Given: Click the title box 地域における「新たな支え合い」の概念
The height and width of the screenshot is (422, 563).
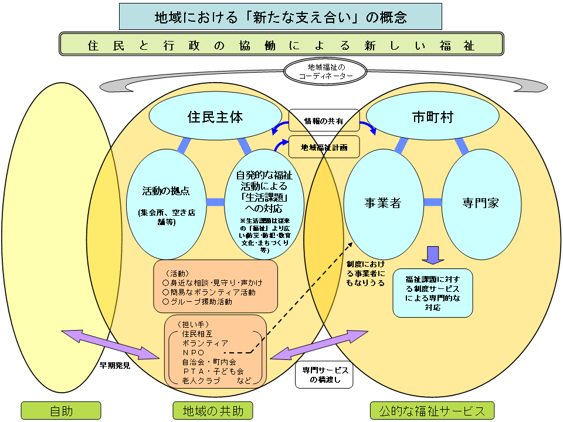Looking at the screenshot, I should coord(280,16).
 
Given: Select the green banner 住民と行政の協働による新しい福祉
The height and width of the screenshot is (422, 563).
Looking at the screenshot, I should coord(281,44).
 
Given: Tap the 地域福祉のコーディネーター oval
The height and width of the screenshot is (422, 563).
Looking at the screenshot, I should coord(325,71).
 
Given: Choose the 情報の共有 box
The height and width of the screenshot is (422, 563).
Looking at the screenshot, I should coord(324,121).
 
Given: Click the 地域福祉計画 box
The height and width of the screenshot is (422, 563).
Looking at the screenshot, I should coord(324,147).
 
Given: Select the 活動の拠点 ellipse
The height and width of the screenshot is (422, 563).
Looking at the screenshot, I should coord(166,202).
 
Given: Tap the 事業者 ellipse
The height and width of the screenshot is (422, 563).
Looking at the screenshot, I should coord(382,203).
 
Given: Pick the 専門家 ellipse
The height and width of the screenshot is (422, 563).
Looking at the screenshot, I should coord(480,203).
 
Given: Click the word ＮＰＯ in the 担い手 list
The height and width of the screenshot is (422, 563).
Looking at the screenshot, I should coord(194,352).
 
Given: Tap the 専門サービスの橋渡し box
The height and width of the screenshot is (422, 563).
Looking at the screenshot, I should coord(324,376).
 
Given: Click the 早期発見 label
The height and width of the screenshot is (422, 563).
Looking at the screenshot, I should coord(115,365).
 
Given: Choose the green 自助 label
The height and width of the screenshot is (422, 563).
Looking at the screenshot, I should coord(62,410).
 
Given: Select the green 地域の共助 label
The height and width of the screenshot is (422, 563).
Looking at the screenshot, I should coord(213,410).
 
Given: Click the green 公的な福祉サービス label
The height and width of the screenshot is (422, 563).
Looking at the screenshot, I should coord(432,410).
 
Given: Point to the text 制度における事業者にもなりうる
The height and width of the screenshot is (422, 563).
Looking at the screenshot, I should coord(366,273).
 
